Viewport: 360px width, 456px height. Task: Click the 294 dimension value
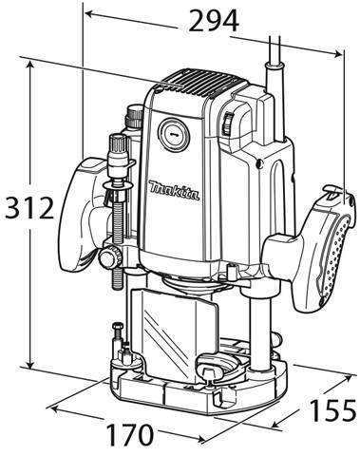point(213,20)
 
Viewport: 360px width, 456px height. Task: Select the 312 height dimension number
point(29,208)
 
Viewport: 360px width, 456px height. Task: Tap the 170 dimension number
point(129,435)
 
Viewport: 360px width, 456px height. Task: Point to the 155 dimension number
point(332,409)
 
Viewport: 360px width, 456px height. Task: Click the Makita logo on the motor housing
point(174,191)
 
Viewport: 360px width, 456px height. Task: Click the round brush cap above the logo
point(173,135)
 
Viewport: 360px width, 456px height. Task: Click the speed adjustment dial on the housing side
point(228,125)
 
